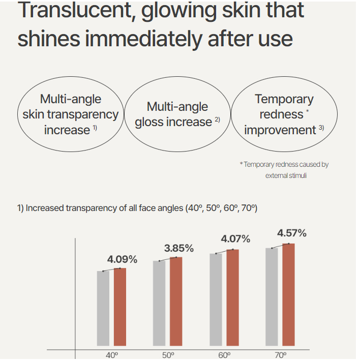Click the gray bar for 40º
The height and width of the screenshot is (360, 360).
click(x=103, y=309)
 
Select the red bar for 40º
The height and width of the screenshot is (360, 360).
click(x=120, y=308)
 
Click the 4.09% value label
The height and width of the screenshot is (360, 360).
click(x=122, y=259)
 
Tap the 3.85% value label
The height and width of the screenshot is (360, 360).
click(x=178, y=249)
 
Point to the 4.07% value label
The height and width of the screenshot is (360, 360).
click(x=235, y=238)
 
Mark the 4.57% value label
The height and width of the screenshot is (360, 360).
click(x=291, y=233)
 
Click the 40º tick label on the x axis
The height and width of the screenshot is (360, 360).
click(x=112, y=355)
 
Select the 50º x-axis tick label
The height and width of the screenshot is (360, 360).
click(x=168, y=355)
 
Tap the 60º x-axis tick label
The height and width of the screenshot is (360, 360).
click(x=224, y=355)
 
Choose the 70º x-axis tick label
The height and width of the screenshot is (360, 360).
click(x=281, y=355)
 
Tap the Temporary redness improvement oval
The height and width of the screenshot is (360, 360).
click(x=284, y=114)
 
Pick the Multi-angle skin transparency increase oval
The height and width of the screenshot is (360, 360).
click(x=70, y=114)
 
